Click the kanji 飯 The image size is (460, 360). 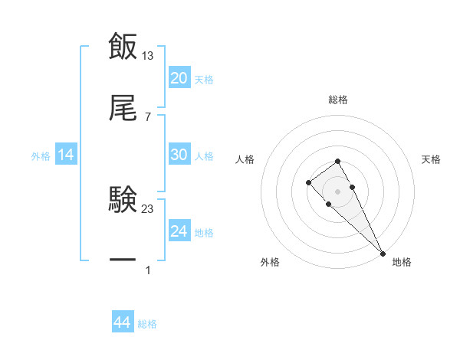[123, 46]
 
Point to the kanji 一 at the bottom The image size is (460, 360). [123, 261]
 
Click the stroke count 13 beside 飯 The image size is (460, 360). [149, 55]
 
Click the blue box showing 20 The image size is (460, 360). [179, 78]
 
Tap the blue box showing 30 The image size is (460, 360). [179, 155]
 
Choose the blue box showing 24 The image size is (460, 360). [179, 231]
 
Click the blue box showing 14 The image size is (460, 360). [66, 155]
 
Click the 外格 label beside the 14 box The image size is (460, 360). [41, 155]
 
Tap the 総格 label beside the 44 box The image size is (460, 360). [147, 324]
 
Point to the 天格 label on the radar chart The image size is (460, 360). [432, 159]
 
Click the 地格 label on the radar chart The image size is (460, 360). [402, 262]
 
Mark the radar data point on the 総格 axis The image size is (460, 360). [337, 161]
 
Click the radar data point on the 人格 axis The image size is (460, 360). [308, 182]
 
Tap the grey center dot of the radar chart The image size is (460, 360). [337, 191]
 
